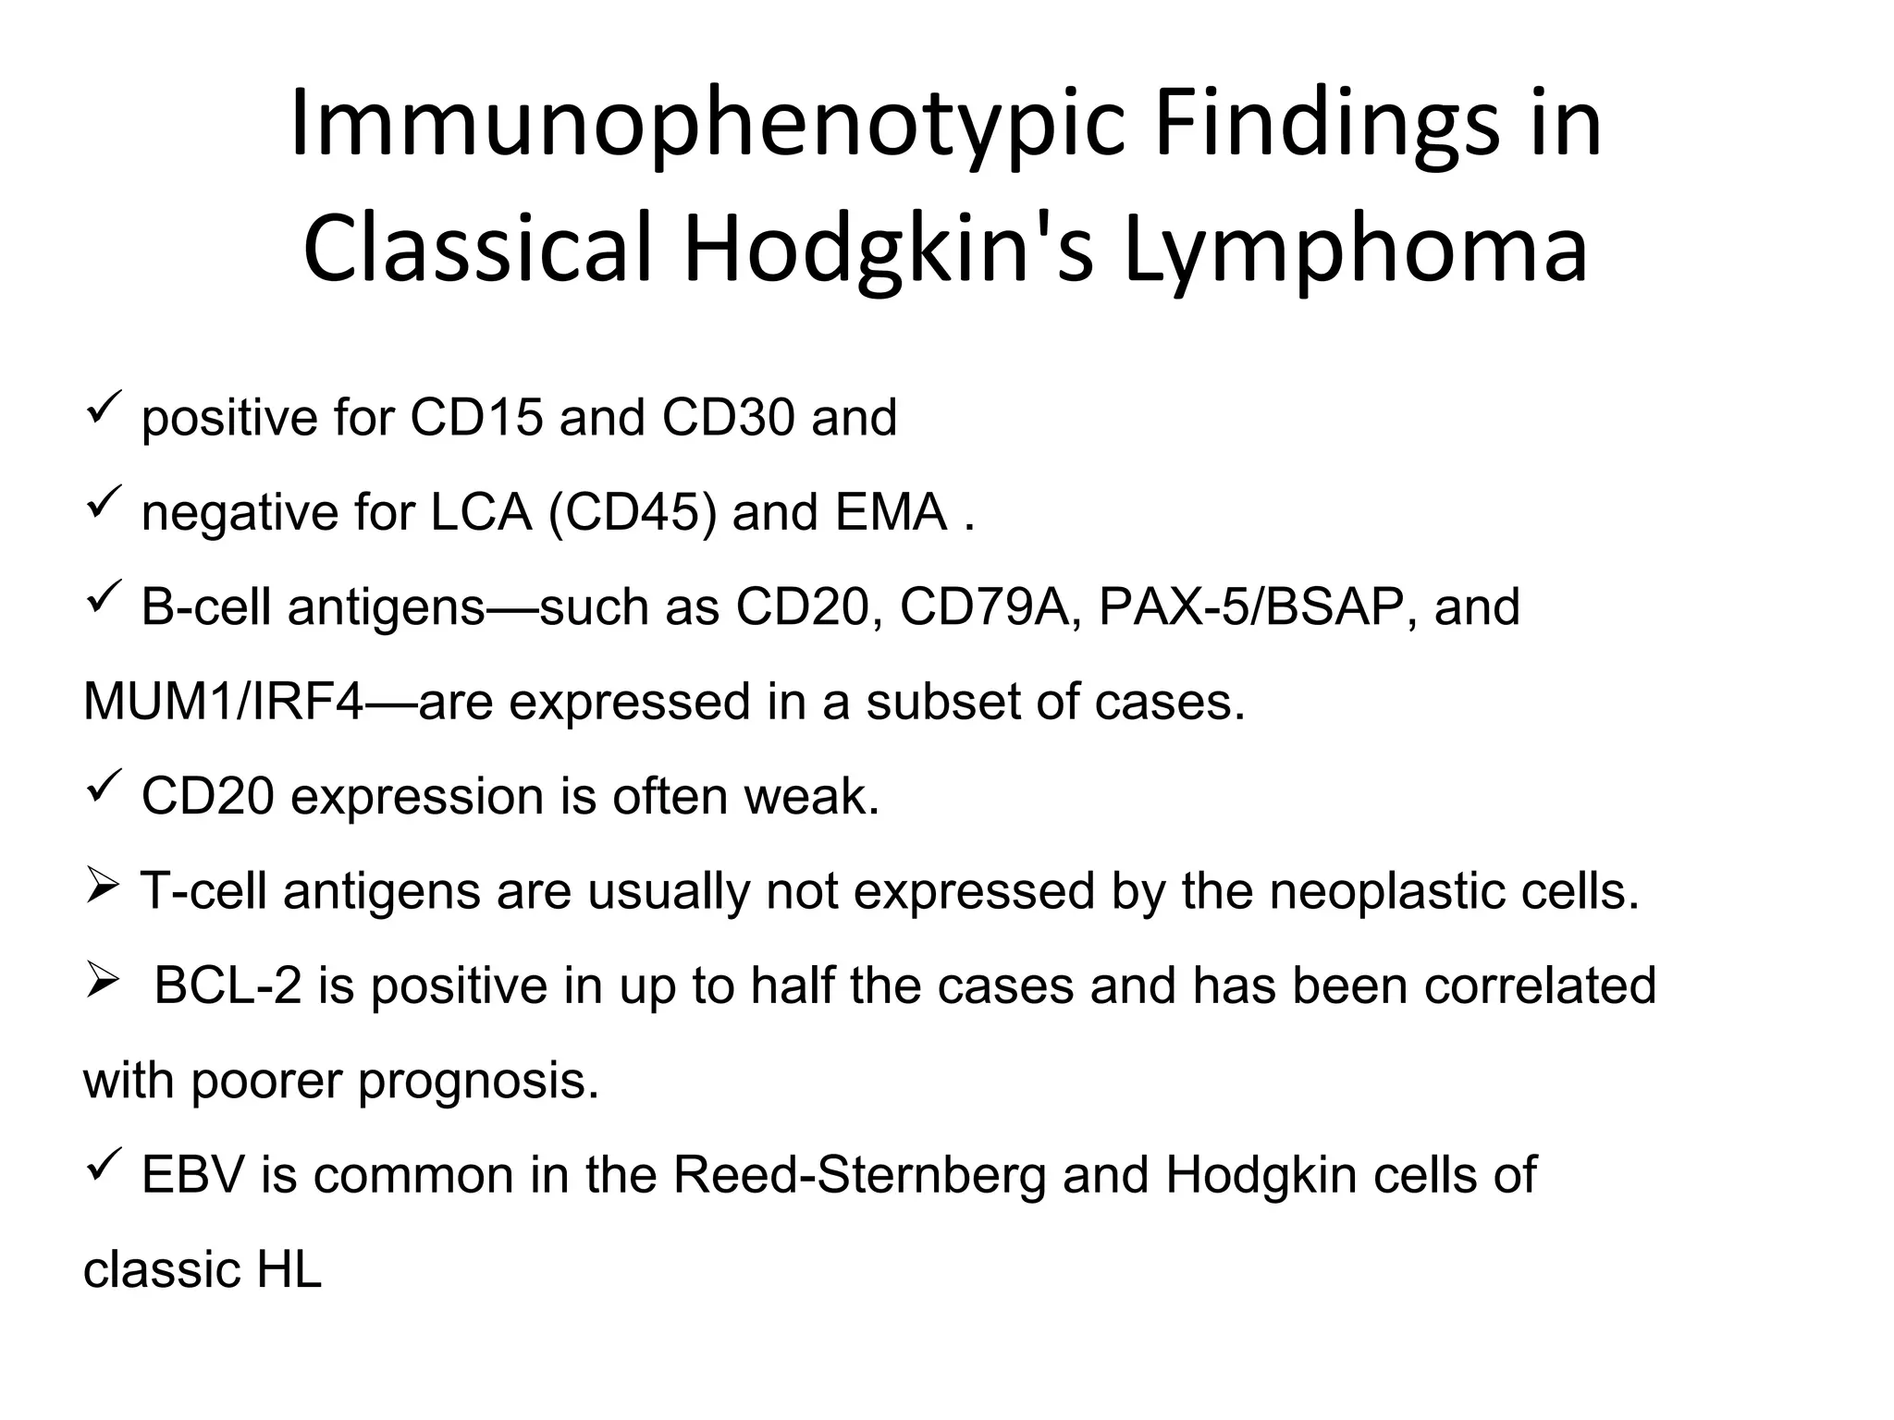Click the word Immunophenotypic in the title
click(707, 127)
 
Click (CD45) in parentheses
click(632, 512)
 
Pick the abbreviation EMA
click(891, 512)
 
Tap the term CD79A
click(983, 607)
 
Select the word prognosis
click(478, 1081)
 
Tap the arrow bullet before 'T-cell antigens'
click(101, 889)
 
